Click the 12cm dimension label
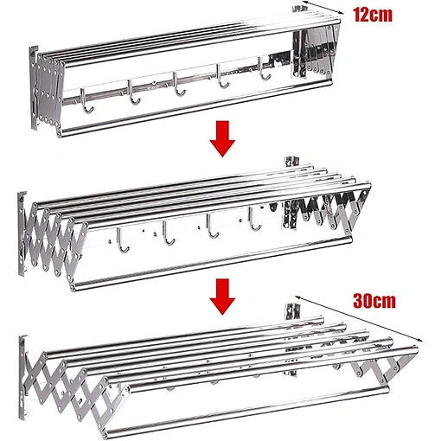[373, 15]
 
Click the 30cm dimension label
[374, 301]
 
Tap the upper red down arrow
[222, 139]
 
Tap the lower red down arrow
[222, 297]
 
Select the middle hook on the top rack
[179, 84]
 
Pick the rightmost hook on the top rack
[265, 68]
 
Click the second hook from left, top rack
[133, 92]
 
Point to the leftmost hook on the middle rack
[123, 240]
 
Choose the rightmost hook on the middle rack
[254, 220]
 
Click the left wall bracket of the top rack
[34, 88]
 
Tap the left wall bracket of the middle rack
[22, 234]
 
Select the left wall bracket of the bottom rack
[23, 377]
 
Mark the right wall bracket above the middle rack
[291, 162]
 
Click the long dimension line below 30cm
[358, 318]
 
